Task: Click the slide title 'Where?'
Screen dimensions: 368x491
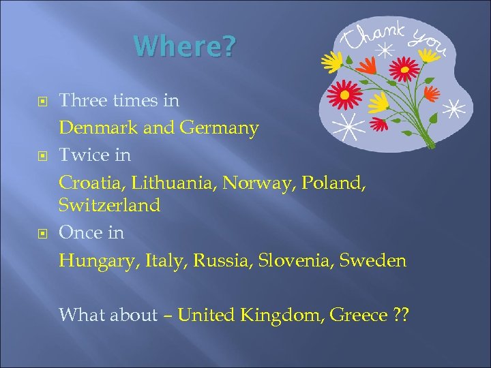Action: tap(185, 46)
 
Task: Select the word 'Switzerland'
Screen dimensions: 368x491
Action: tap(109, 205)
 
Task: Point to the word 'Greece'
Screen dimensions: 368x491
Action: tap(359, 315)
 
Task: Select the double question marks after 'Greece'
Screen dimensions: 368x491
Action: tap(401, 315)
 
